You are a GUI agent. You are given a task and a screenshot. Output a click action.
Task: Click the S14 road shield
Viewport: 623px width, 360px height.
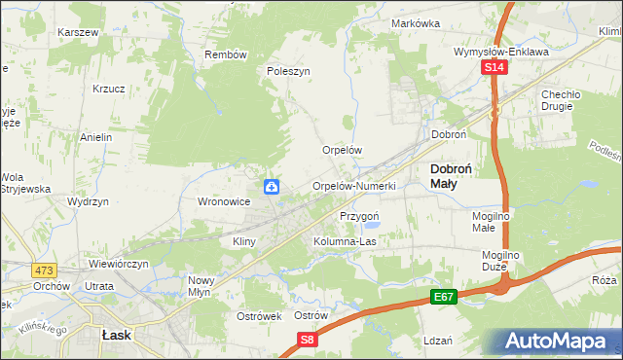coord(495,67)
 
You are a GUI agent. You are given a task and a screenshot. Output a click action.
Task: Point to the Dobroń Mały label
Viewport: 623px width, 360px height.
coord(452,175)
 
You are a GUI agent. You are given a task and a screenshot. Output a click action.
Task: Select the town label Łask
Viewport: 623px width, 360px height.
coord(117,334)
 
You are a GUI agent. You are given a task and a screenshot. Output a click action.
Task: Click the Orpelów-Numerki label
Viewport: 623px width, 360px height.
coord(353,186)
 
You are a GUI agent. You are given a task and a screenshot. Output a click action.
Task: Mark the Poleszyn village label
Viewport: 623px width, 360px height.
coord(288,71)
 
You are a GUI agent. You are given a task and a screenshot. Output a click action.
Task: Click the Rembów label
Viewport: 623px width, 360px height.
coord(226,54)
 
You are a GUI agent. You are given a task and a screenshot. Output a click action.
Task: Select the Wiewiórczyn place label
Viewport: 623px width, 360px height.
coord(118,264)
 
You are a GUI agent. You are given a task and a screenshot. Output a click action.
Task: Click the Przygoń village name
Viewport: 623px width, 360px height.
coord(358,216)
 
